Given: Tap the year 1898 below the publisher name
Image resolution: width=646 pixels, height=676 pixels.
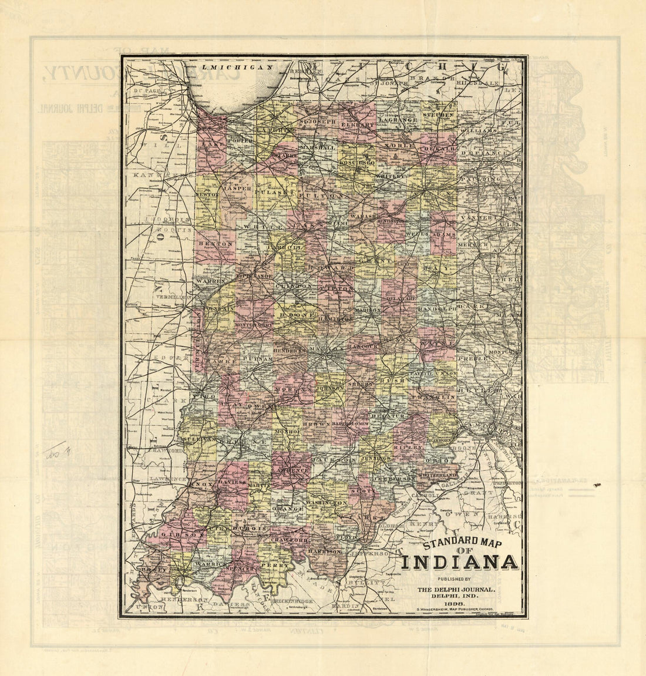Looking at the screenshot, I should [x=456, y=603].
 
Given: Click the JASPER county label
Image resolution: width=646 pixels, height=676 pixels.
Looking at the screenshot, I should [x=237, y=189].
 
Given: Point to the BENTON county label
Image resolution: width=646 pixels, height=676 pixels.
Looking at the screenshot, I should [x=208, y=243].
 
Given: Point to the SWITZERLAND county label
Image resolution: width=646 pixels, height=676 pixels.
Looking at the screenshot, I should [x=438, y=474].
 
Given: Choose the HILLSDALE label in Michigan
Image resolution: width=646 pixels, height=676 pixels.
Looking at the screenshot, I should [x=479, y=83].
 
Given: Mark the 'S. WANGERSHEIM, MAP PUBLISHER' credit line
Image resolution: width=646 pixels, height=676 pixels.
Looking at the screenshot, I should [x=455, y=611].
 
